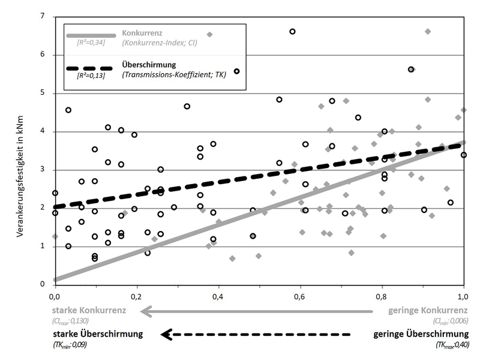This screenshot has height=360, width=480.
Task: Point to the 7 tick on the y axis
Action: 43,16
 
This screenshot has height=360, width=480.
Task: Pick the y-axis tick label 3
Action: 43,170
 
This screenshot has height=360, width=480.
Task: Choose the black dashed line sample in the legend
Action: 91,65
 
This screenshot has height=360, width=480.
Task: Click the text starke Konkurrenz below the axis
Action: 90,311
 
